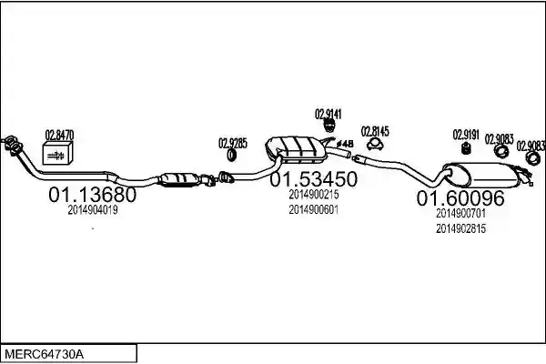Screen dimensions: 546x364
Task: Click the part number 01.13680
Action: pyautogui.click(x=92, y=195)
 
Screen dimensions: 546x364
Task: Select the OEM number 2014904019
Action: pyautogui.click(x=93, y=210)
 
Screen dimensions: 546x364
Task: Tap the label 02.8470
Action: pyautogui.click(x=59, y=136)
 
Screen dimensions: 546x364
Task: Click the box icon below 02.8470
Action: pyautogui.click(x=57, y=153)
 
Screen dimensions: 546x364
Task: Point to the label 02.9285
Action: pyautogui.click(x=233, y=143)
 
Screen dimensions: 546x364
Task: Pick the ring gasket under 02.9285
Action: pyautogui.click(x=231, y=155)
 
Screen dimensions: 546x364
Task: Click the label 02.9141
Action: pyautogui.click(x=329, y=114)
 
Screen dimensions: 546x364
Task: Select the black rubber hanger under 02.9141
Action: pyautogui.click(x=329, y=126)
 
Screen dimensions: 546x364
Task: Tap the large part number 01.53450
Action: pyautogui.click(x=314, y=179)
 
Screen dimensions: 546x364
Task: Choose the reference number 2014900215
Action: pyautogui.click(x=314, y=195)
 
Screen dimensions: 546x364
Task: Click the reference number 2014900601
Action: pyautogui.click(x=314, y=209)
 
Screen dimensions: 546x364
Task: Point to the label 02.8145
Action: pyautogui.click(x=375, y=131)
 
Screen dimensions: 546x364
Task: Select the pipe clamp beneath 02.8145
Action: pyautogui.click(x=375, y=145)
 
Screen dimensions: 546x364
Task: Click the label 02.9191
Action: pyautogui.click(x=466, y=135)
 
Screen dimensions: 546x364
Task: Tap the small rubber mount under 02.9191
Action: pyautogui.click(x=466, y=148)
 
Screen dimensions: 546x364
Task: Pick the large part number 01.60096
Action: pyautogui.click(x=460, y=197)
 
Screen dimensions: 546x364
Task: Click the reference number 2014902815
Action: pyautogui.click(x=460, y=228)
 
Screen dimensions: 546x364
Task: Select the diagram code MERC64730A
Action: pyautogui.click(x=45, y=355)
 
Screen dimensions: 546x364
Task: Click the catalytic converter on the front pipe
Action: pyautogui.click(x=179, y=179)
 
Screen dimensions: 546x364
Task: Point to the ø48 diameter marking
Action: pyautogui.click(x=344, y=144)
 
